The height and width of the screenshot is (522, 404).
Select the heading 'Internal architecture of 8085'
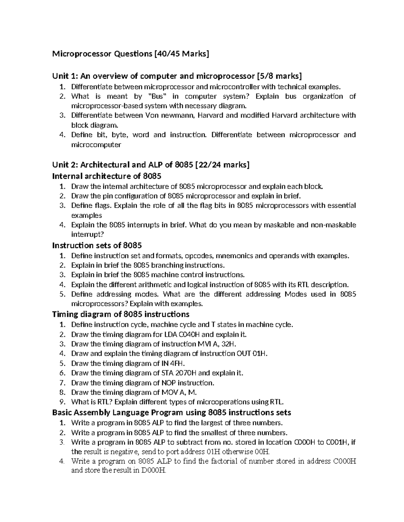pos(107,176)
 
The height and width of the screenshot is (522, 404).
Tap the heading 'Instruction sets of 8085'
pos(97,245)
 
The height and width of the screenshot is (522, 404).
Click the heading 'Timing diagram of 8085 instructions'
pos(121,314)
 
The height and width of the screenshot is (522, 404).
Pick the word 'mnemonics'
pos(234,256)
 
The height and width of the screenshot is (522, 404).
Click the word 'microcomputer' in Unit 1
pos(96,145)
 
